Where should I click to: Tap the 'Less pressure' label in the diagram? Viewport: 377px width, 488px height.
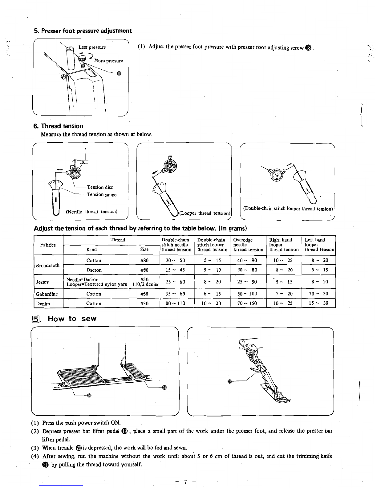click(x=92, y=47)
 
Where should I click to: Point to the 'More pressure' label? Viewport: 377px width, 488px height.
click(x=108, y=61)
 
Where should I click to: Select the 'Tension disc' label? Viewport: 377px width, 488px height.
click(x=100, y=187)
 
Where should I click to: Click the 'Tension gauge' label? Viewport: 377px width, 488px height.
click(x=102, y=194)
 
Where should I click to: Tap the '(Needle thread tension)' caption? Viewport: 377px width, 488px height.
click(x=92, y=212)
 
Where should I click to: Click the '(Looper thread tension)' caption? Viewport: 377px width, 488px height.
click(x=205, y=213)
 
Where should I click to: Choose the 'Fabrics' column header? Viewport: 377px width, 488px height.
click(x=48, y=245)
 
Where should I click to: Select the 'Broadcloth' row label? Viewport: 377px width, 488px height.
click(x=48, y=265)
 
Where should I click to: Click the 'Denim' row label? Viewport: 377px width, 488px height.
click(x=43, y=303)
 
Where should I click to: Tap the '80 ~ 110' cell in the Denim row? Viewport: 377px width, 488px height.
click(x=176, y=303)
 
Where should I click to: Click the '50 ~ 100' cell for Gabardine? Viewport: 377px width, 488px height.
click(x=247, y=294)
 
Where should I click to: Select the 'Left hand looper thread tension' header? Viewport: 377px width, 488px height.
click(x=319, y=245)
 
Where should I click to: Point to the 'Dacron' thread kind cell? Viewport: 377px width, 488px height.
click(x=94, y=270)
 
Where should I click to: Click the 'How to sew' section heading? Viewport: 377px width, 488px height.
click(x=72, y=319)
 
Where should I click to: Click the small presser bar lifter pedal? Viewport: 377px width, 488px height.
click(x=134, y=370)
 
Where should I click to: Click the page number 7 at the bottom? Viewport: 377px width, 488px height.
click(x=186, y=481)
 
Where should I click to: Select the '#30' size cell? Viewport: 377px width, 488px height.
click(x=144, y=303)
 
